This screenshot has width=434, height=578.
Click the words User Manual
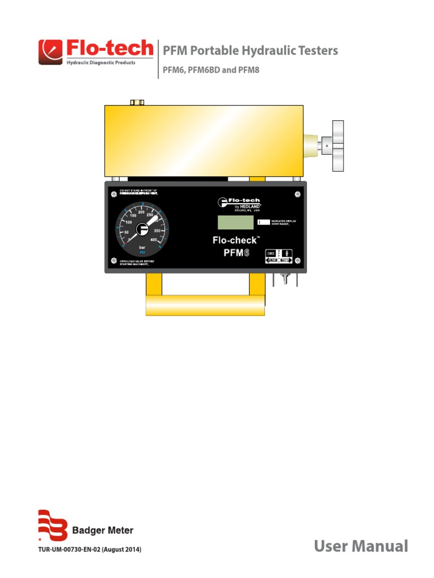pyautogui.click(x=361, y=546)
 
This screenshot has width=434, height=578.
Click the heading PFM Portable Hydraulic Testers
pyautogui.click(x=250, y=51)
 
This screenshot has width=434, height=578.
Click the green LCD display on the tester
pyautogui.click(x=235, y=222)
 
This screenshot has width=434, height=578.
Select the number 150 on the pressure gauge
pyautogui.click(x=133, y=216)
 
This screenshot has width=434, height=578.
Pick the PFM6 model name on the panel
pyautogui.click(x=233, y=252)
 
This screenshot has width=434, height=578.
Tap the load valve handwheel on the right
pyautogui.click(x=338, y=146)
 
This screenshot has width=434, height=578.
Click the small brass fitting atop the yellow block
pyautogui.click(x=137, y=102)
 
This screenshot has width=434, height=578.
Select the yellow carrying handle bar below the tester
pyautogui.click(x=205, y=305)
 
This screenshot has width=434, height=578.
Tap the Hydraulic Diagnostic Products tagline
pyautogui.click(x=101, y=63)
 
